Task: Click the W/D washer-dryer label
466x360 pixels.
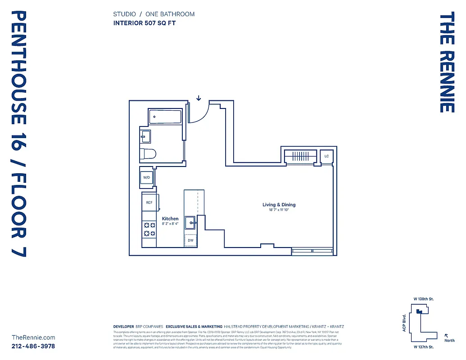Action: click(x=147, y=178)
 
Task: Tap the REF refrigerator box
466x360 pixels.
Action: click(x=149, y=202)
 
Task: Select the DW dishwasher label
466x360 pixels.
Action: click(x=190, y=240)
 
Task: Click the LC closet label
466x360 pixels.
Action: click(x=326, y=156)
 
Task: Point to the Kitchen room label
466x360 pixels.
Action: click(x=170, y=219)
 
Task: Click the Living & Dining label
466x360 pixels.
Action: click(x=279, y=205)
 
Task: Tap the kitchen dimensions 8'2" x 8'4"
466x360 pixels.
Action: click(x=170, y=224)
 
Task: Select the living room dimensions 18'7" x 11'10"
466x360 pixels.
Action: click(x=279, y=210)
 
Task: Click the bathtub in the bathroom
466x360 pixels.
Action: click(x=165, y=117)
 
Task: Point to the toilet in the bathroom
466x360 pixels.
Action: click(x=148, y=154)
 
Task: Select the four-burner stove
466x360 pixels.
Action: click(x=149, y=229)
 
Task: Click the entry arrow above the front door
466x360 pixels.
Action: click(x=199, y=98)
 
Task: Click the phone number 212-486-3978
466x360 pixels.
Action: click(x=33, y=346)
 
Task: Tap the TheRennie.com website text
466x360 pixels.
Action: click(x=33, y=337)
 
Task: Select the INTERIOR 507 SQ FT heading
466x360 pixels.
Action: click(x=144, y=23)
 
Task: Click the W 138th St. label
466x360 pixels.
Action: click(x=423, y=299)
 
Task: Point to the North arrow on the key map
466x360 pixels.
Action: click(x=446, y=335)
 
